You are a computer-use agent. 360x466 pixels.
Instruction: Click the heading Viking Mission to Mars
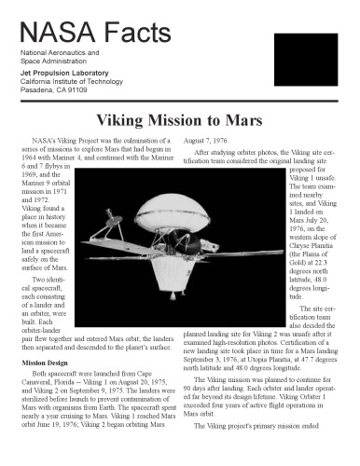click(x=179, y=120)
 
